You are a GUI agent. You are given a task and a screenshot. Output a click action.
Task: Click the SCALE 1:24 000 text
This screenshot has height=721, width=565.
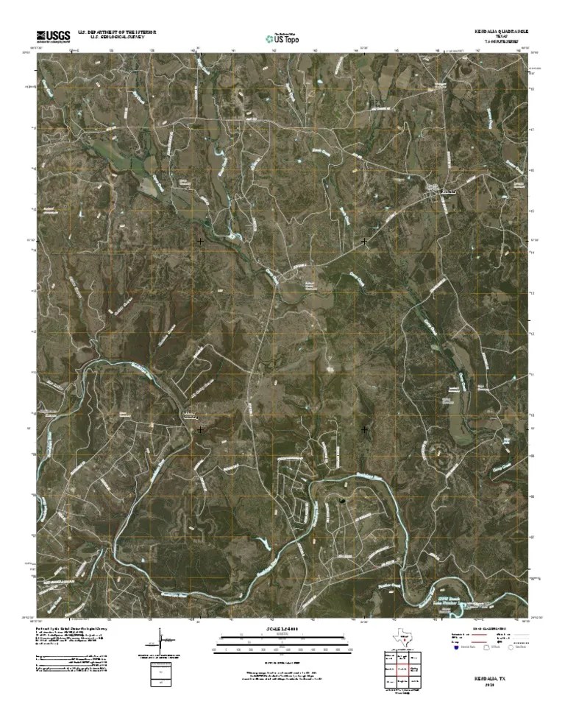[x=282, y=628]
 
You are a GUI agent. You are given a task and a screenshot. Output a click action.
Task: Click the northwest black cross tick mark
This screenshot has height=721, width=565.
[x=200, y=241]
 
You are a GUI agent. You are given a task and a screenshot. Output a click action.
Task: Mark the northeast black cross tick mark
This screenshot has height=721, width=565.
[x=365, y=241]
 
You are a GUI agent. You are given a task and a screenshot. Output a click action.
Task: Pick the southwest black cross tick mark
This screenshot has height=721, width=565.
[x=200, y=428]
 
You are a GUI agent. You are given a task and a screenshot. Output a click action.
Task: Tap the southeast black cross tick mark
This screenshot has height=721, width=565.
[x=365, y=428]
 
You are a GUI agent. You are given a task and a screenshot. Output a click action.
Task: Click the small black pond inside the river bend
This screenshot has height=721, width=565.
[x=341, y=502]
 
